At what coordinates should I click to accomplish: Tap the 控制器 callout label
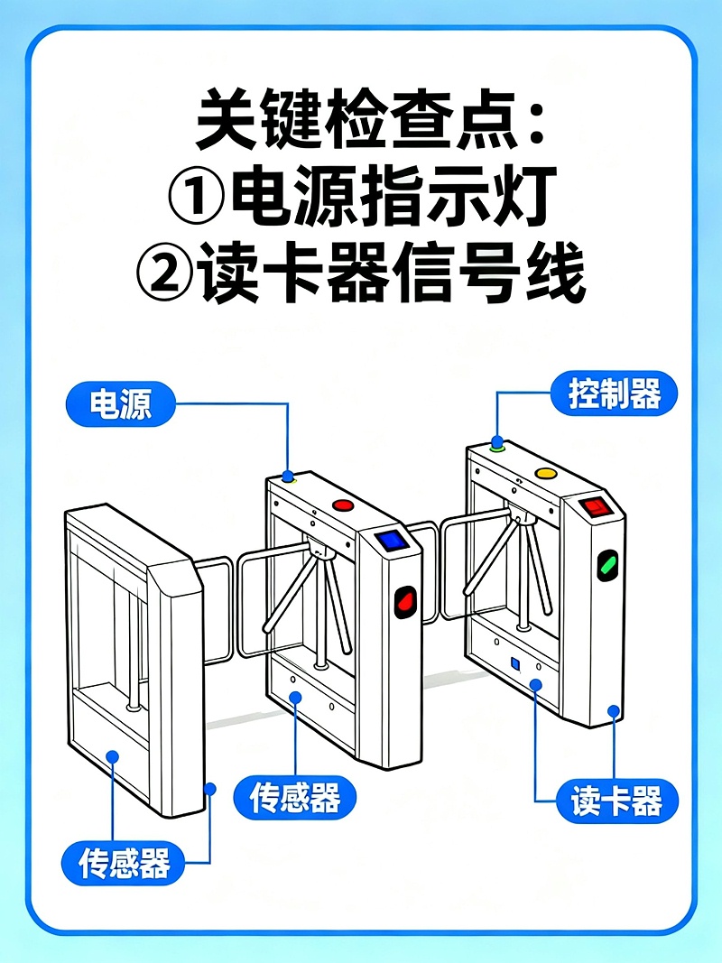coord(614,394)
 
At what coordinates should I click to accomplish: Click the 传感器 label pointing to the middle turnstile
coord(295,798)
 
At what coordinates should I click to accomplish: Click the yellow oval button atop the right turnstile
coord(546,473)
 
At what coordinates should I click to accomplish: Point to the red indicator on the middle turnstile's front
coord(406,599)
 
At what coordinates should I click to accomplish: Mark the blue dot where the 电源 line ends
coord(288,476)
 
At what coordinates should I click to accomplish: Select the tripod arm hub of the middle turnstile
coord(319,550)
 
